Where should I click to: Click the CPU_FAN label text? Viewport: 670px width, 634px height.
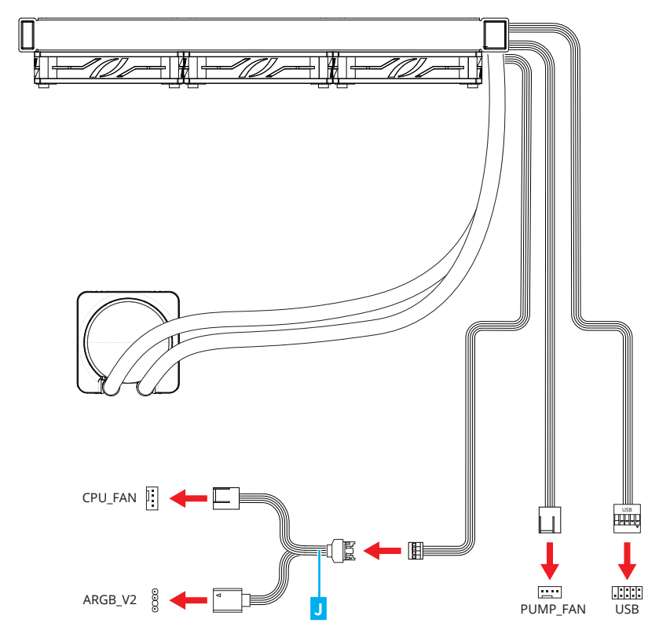(x=109, y=497)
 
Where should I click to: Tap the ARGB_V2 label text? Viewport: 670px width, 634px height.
(x=109, y=601)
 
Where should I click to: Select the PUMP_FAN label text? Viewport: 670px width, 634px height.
(x=554, y=609)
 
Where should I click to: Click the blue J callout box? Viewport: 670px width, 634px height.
(x=319, y=607)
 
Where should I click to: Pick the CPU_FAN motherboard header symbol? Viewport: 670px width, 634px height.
(x=152, y=497)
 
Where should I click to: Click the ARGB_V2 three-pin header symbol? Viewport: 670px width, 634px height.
(x=155, y=600)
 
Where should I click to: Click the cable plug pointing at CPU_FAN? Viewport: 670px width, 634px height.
(x=227, y=497)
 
